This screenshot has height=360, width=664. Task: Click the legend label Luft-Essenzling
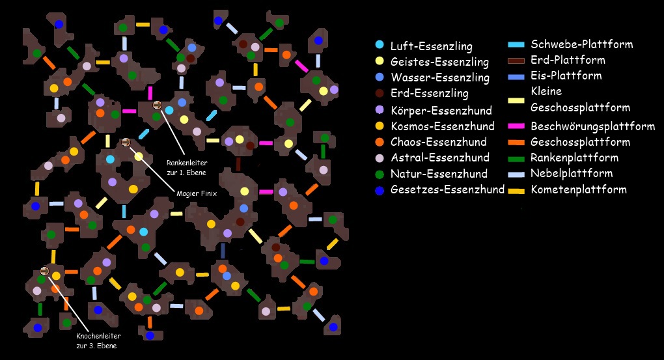pyautogui.click(x=432, y=46)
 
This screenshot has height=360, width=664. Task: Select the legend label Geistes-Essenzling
pyautogui.click(x=439, y=62)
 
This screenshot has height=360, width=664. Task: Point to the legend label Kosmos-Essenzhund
pyautogui.click(x=442, y=126)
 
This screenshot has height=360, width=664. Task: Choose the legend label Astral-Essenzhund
pyautogui.click(x=439, y=158)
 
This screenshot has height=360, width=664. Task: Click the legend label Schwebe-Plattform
pyautogui.click(x=582, y=44)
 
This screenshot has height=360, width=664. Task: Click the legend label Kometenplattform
pyautogui.click(x=579, y=189)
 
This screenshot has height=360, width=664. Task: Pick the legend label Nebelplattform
pyautogui.click(x=572, y=173)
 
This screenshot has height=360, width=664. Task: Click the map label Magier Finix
pyautogui.click(x=196, y=193)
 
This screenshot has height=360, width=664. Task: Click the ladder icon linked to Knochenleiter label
pyautogui.click(x=44, y=271)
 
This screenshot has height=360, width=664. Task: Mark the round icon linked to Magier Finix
pyautogui.click(x=126, y=143)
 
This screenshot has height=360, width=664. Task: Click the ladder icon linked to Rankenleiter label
pyautogui.click(x=156, y=105)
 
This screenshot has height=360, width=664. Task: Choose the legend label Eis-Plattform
pyautogui.click(x=566, y=76)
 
